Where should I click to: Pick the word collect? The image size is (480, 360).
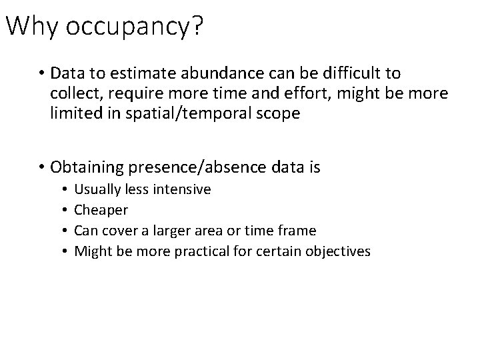73,93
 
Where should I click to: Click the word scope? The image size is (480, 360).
277,113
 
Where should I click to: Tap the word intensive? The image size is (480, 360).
182,189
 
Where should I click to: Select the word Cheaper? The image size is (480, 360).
101,210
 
